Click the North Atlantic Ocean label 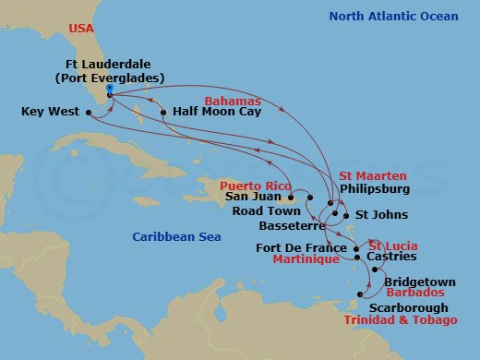tap(378, 16)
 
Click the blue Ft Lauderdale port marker tap(109, 90)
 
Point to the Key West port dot tap(90, 113)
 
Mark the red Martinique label tap(309, 261)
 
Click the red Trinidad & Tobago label tap(400, 319)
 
